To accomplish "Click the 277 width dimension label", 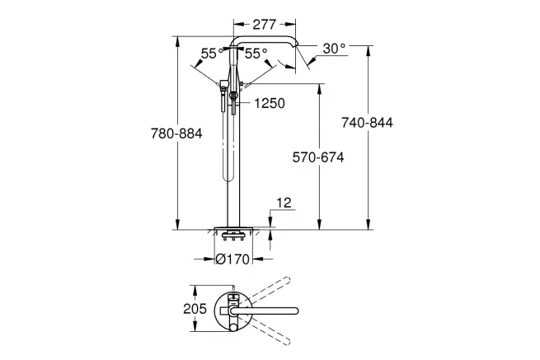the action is tap(264, 25).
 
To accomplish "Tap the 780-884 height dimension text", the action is tap(176, 133).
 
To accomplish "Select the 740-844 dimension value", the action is tap(367, 123).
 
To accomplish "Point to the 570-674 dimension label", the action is tap(318, 157).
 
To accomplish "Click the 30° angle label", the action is tap(334, 49).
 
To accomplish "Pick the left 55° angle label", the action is tap(212, 54).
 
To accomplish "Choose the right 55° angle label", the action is tap(256, 54).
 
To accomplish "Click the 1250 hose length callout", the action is tap(270, 103).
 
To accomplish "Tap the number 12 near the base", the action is tap(284, 203).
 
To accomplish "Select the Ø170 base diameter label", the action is tap(232, 259).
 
